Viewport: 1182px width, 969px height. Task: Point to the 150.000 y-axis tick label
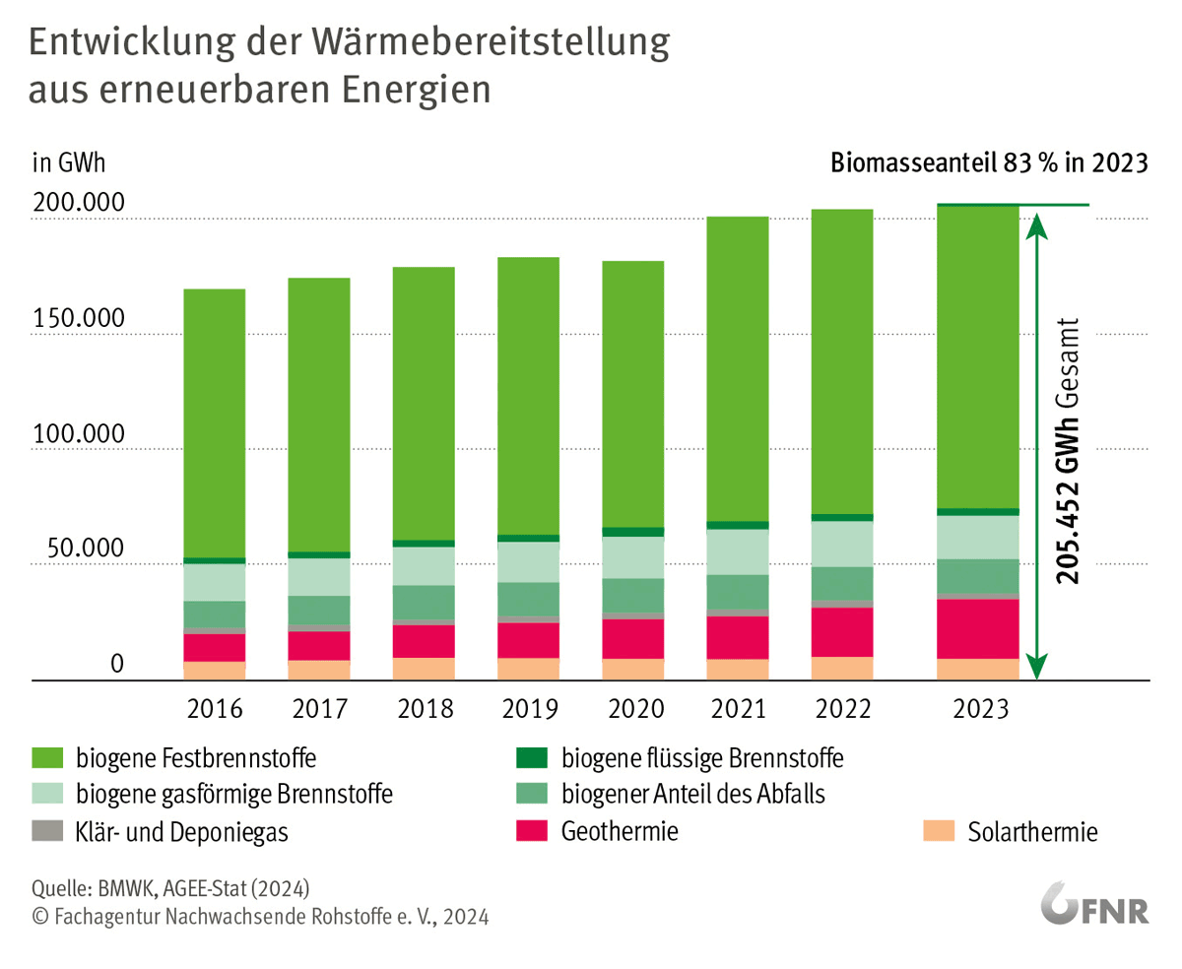[79, 320]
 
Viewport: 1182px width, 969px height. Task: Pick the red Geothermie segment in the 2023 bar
[977, 628]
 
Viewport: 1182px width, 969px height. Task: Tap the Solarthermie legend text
[1032, 832]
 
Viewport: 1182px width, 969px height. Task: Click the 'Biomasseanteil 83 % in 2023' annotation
[989, 162]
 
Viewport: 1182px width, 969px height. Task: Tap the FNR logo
[1094, 906]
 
